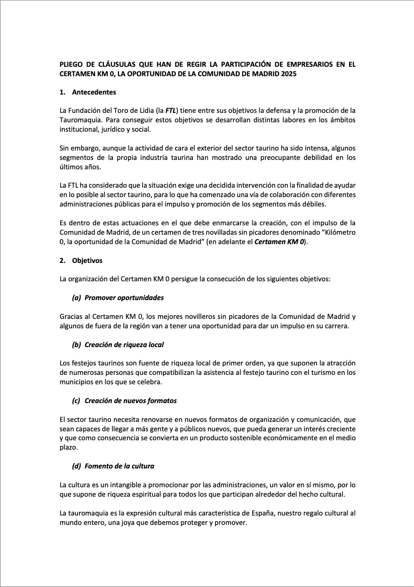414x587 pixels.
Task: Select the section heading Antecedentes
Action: [94, 92]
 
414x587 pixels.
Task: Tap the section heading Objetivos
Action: [87, 260]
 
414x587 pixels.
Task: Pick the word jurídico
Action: [110, 129]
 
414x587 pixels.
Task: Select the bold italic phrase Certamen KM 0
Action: [280, 242]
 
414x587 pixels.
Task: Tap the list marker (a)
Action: [77, 298]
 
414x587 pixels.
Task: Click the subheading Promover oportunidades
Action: [124, 298]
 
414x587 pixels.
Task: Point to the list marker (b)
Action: [77, 344]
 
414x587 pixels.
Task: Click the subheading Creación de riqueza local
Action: [124, 344]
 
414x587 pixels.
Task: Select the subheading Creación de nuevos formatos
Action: [131, 401]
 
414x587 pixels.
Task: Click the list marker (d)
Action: [77, 466]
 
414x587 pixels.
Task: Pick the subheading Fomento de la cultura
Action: [119, 466]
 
